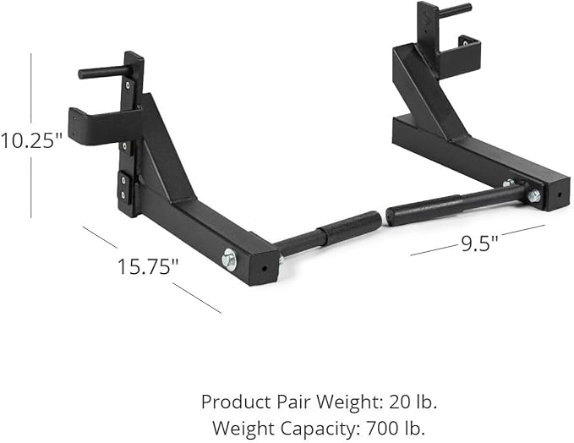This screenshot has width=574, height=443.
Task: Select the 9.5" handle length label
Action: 478,243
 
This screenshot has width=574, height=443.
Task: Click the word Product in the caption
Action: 232,401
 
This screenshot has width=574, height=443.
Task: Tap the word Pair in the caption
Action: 285,401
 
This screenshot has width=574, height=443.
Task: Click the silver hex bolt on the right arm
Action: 533,195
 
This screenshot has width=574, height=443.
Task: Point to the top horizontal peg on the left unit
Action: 102,72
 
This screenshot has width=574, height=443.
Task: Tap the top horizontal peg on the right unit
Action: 455,10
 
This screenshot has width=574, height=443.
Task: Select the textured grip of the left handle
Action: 351,229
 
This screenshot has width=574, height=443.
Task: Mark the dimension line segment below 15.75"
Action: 196,297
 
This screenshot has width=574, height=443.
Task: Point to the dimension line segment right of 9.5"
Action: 521,229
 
